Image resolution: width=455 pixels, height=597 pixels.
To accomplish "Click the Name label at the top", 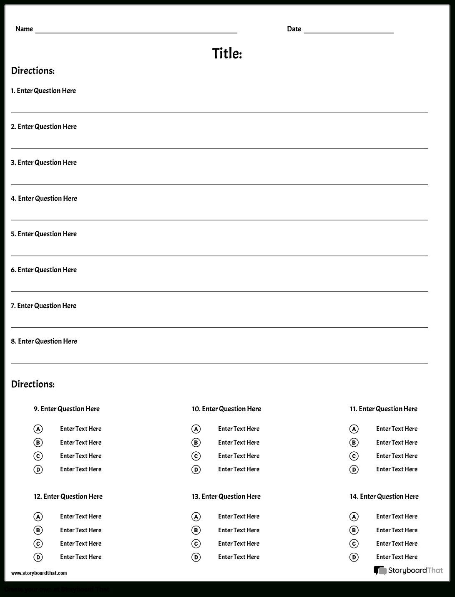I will click(24, 29).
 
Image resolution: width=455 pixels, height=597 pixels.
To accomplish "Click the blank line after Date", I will click(349, 32).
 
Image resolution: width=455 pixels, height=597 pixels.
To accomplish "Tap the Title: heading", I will click(227, 53).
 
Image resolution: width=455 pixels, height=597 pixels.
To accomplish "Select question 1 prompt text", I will click(43, 91).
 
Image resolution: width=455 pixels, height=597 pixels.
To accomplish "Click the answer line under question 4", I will click(219, 219).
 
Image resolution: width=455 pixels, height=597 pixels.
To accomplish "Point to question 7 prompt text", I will click(43, 306).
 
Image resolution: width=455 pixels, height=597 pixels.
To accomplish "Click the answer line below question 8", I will click(219, 362).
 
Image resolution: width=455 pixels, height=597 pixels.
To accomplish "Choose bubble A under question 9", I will click(38, 429).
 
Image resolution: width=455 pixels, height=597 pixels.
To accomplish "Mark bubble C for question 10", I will click(196, 456).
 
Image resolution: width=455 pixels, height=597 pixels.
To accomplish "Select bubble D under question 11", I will click(354, 470).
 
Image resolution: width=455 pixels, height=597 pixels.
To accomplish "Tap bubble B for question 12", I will click(38, 530).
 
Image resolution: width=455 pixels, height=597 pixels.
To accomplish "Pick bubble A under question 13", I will click(196, 517).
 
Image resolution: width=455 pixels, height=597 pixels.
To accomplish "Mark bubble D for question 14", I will click(354, 557).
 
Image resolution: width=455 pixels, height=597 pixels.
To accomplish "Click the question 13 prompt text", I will click(226, 496).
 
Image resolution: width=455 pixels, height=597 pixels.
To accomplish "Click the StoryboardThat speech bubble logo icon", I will click(380, 571).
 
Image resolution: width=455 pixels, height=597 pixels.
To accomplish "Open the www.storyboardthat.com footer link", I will click(39, 573).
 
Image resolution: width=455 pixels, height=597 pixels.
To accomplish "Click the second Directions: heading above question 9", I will click(33, 384).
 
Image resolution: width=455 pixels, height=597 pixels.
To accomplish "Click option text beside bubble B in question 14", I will click(397, 530).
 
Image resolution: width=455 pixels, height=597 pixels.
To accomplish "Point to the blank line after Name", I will click(136, 32).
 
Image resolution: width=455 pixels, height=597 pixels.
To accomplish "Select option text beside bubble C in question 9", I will click(80, 456).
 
